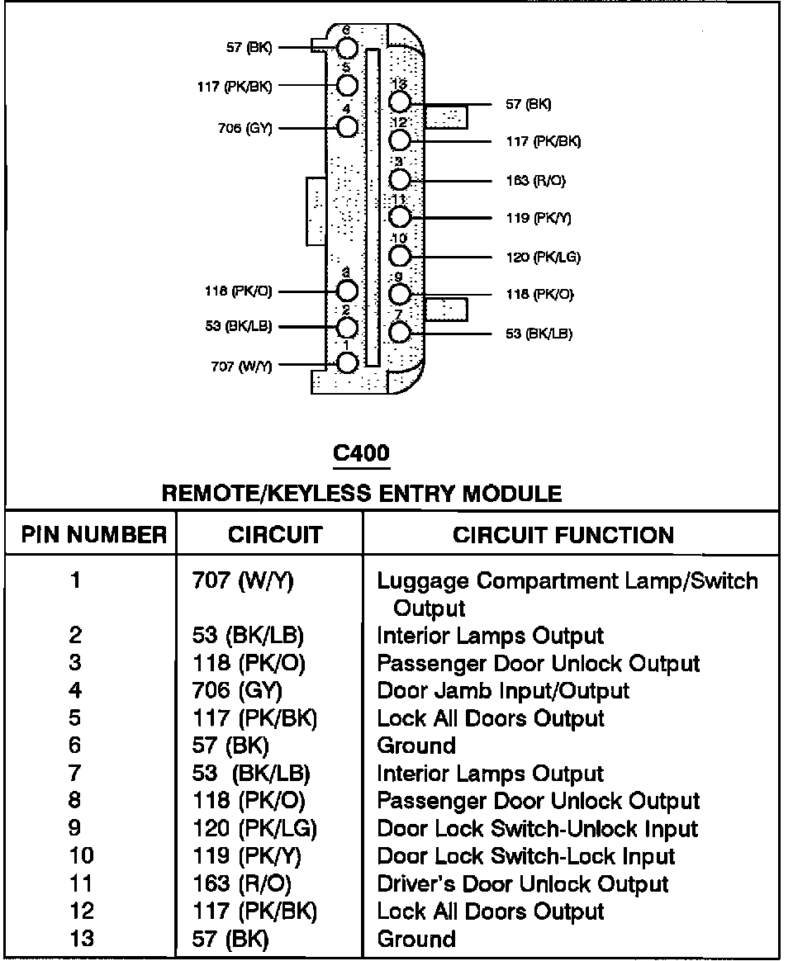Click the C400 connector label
tap(360, 452)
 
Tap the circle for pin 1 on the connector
tap(348, 362)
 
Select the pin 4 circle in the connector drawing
tap(348, 125)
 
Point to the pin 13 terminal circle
tap(400, 102)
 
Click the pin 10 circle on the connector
tap(400, 255)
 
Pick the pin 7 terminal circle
tap(400, 332)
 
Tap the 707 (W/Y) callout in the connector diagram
tap(241, 367)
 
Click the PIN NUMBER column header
tap(93, 535)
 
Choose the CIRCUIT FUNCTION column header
tap(563, 535)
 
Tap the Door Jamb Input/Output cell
tap(503, 691)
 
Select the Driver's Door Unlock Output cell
tap(522, 884)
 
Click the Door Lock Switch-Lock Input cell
tap(526, 856)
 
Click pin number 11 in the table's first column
tap(81, 884)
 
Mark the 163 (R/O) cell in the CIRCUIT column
tap(241, 884)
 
